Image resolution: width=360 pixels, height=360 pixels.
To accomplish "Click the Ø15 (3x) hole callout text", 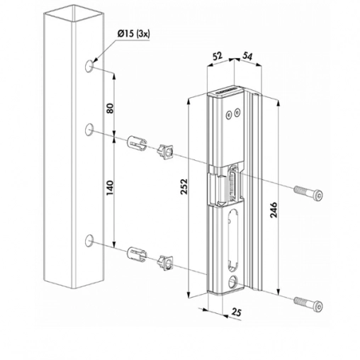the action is pyautogui.click(x=133, y=35).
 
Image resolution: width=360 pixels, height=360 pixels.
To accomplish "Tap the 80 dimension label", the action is pyautogui.click(x=111, y=108).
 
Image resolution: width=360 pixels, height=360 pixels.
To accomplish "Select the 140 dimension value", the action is pyautogui.click(x=111, y=188).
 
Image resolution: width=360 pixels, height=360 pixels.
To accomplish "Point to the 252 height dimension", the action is pyautogui.click(x=184, y=186).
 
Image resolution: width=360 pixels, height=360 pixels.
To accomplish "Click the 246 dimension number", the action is pyautogui.click(x=274, y=210).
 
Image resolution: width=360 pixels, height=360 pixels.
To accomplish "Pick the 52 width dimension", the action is pyautogui.click(x=218, y=57).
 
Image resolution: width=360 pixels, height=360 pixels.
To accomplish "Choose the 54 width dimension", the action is pyautogui.click(x=247, y=56).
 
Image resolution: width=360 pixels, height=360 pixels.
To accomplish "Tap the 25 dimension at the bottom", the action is pyautogui.click(x=236, y=313).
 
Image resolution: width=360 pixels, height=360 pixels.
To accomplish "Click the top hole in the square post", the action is pyautogui.click(x=89, y=66).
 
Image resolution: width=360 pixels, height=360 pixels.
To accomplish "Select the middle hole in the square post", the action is pyautogui.click(x=89, y=130).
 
